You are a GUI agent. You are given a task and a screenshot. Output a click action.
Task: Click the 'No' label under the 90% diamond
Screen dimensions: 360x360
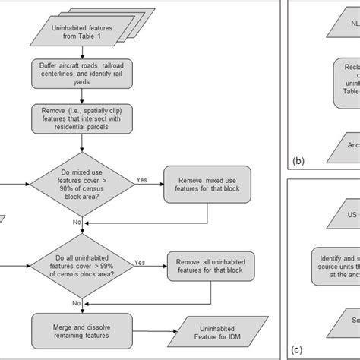(77, 222)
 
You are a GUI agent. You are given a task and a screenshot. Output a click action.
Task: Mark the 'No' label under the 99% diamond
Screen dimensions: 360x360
(77, 302)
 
